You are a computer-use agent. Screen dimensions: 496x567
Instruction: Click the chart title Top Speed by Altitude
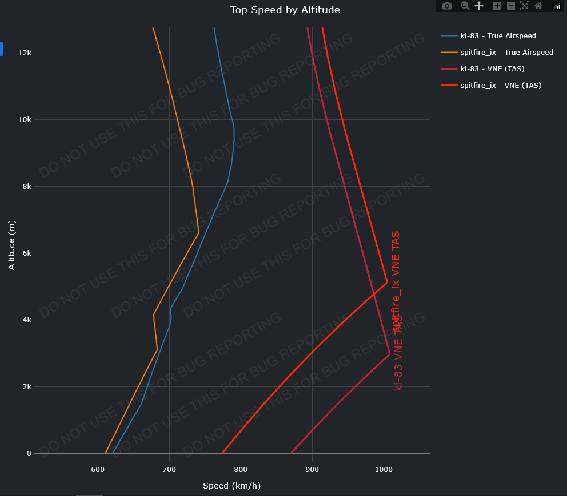tap(285, 10)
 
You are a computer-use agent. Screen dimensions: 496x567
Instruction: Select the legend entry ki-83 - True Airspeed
tap(498, 36)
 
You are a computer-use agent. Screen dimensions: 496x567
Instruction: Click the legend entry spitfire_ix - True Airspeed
tap(506, 53)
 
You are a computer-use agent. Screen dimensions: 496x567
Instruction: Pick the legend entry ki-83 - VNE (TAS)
tap(492, 69)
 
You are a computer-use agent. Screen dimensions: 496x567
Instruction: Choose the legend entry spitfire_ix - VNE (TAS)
tap(501, 86)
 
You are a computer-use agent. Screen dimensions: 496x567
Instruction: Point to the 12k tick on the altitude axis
tap(25, 53)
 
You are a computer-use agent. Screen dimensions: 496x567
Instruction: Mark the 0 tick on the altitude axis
tap(29, 454)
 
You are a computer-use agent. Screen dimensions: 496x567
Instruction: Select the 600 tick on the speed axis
tap(98, 470)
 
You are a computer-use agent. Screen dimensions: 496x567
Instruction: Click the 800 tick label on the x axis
tap(241, 470)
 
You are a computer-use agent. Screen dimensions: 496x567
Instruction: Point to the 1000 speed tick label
tap(384, 470)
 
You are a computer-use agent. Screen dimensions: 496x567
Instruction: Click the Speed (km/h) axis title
tap(231, 486)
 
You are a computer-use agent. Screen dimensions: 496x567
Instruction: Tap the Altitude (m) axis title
tap(12, 245)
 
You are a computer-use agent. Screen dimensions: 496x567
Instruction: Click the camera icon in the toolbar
tap(447, 6)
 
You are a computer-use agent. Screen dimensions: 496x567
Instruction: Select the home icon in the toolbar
tap(538, 6)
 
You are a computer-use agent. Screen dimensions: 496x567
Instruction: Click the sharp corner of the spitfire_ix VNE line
tap(387, 282)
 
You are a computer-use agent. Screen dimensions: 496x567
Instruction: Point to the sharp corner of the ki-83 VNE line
tap(390, 354)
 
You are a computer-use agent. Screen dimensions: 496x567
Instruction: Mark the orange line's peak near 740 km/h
tap(198, 233)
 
